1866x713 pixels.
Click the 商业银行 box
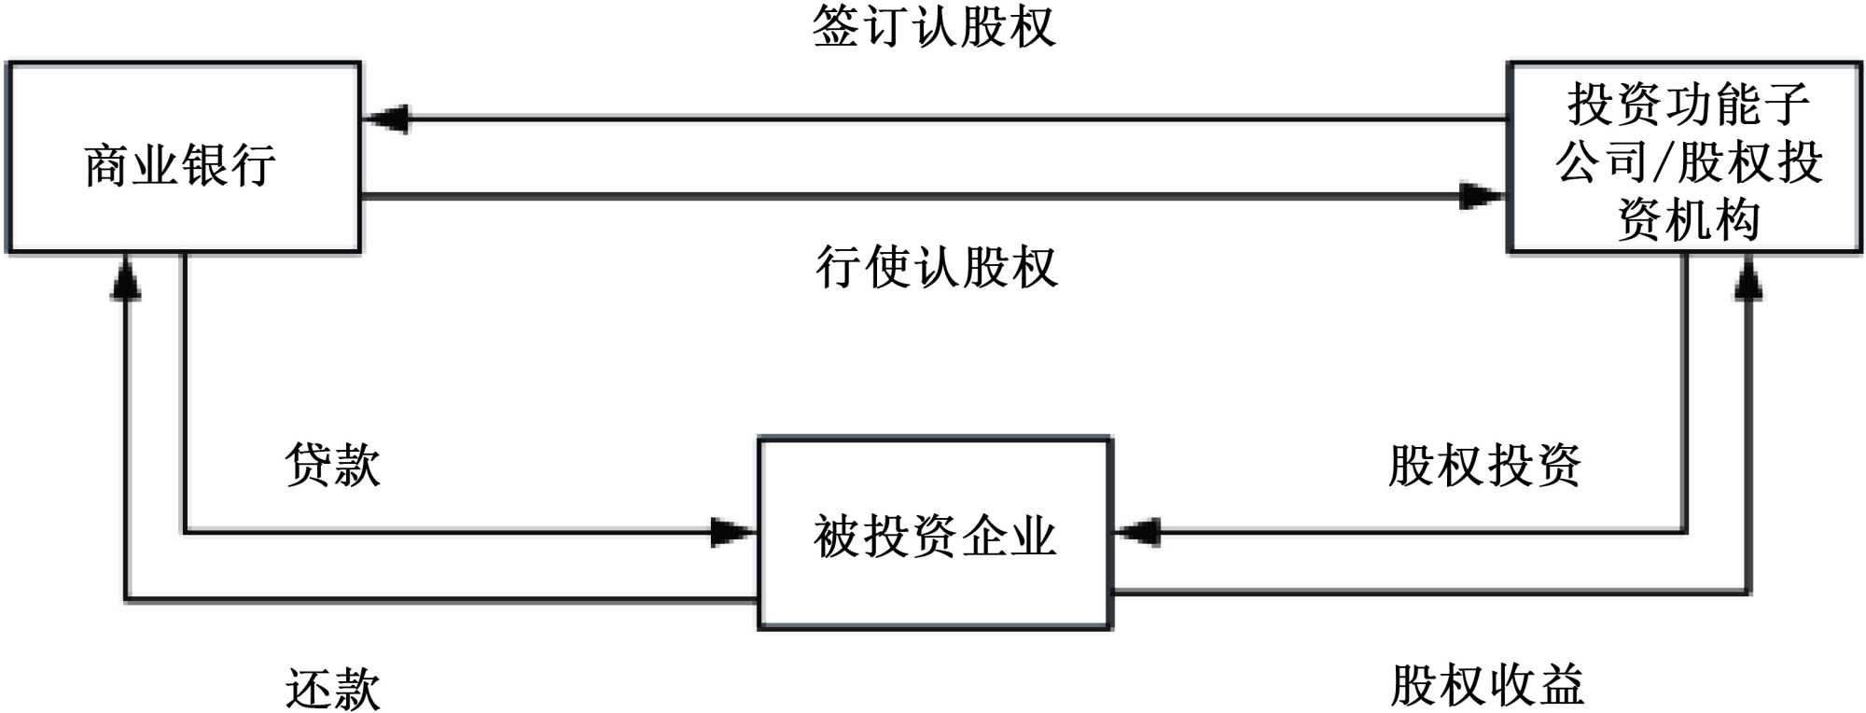[x=183, y=157]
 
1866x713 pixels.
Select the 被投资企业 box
[x=935, y=534]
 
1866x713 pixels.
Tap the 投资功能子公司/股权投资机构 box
[x=1685, y=157]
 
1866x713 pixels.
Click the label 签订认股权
[x=934, y=26]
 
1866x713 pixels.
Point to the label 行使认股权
[x=937, y=267]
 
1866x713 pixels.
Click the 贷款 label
[x=333, y=464]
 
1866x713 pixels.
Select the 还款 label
[x=333, y=689]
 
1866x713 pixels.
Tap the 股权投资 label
[x=1484, y=465]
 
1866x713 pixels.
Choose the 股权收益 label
[x=1487, y=685]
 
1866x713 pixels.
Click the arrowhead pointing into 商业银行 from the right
[x=384, y=119]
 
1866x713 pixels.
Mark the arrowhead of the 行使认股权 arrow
[x=1482, y=196]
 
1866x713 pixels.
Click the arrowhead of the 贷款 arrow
[x=733, y=533]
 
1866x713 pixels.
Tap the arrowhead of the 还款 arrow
[x=126, y=278]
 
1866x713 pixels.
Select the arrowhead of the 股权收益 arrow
[x=1748, y=278]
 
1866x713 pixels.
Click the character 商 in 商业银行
[x=107, y=166]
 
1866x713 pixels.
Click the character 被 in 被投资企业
[x=838, y=537]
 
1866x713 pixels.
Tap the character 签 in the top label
[x=836, y=26]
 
